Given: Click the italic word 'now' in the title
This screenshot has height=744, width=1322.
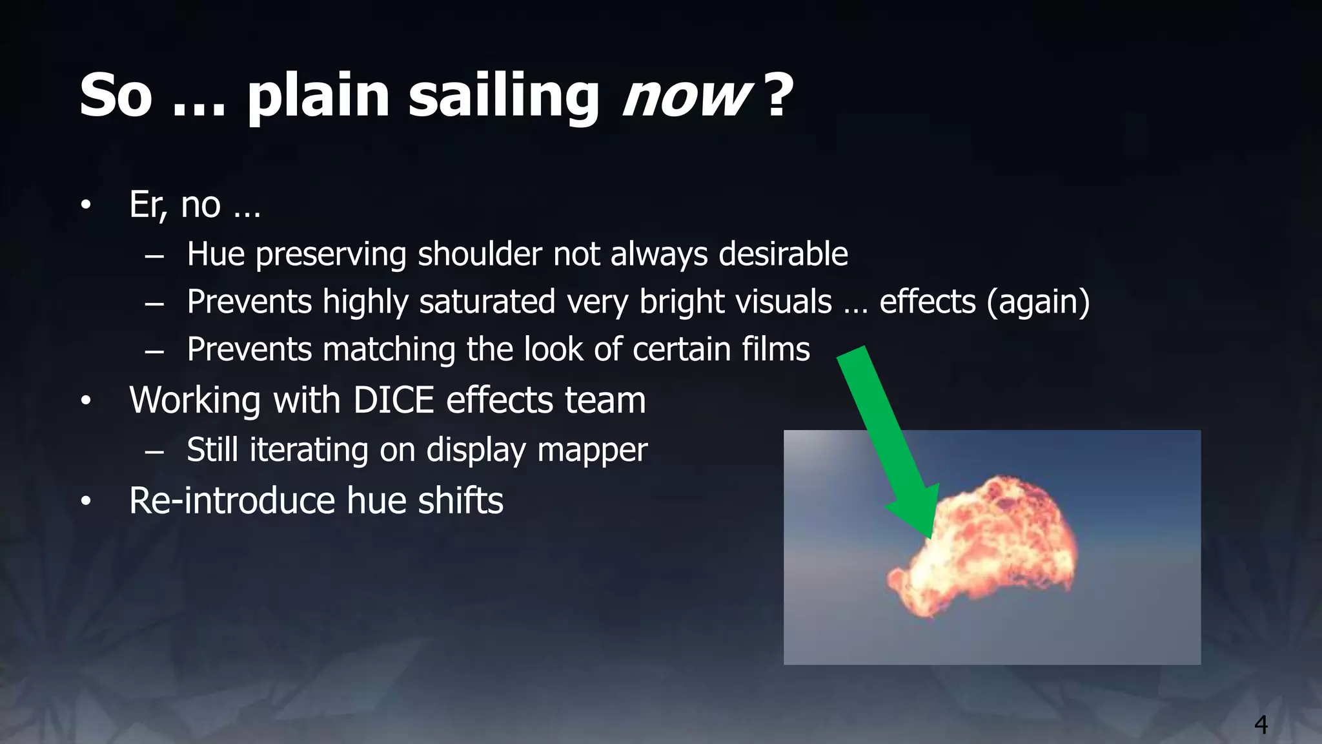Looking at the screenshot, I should click(686, 97).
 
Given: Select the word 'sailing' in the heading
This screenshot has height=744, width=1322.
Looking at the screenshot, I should click(504, 97).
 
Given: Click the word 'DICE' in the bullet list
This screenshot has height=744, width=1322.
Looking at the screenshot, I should click(393, 400).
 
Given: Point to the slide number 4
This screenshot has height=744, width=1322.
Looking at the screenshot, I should click(1261, 725).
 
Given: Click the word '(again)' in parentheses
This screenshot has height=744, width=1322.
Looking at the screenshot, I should click(1038, 302).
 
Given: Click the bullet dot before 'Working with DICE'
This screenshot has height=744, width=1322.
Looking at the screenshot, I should click(86, 401).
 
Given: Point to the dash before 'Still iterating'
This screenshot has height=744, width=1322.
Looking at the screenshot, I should click(154, 451).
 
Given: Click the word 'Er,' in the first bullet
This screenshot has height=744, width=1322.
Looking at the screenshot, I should click(148, 205).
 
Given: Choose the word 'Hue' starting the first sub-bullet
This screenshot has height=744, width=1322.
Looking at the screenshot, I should click(216, 254).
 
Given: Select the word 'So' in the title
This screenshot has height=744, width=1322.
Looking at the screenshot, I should click(116, 97).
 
